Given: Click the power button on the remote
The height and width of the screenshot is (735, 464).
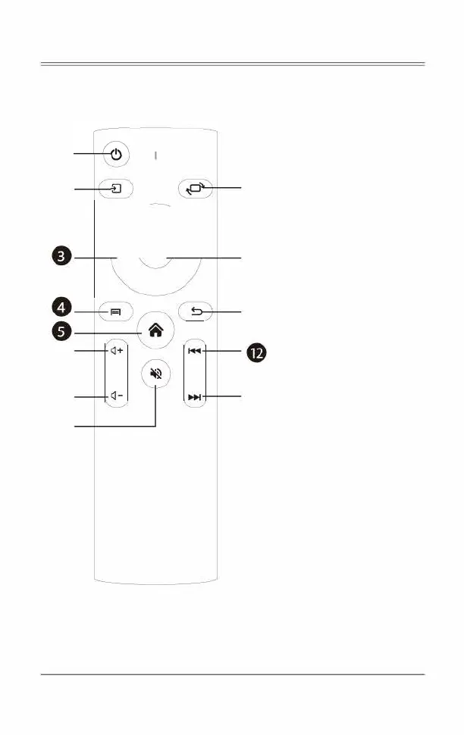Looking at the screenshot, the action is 115,155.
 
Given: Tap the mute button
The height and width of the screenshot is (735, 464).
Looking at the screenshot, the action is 156,374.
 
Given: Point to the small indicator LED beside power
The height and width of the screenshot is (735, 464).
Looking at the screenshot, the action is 156,155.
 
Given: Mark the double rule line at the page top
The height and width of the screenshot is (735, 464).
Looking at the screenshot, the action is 232,65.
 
